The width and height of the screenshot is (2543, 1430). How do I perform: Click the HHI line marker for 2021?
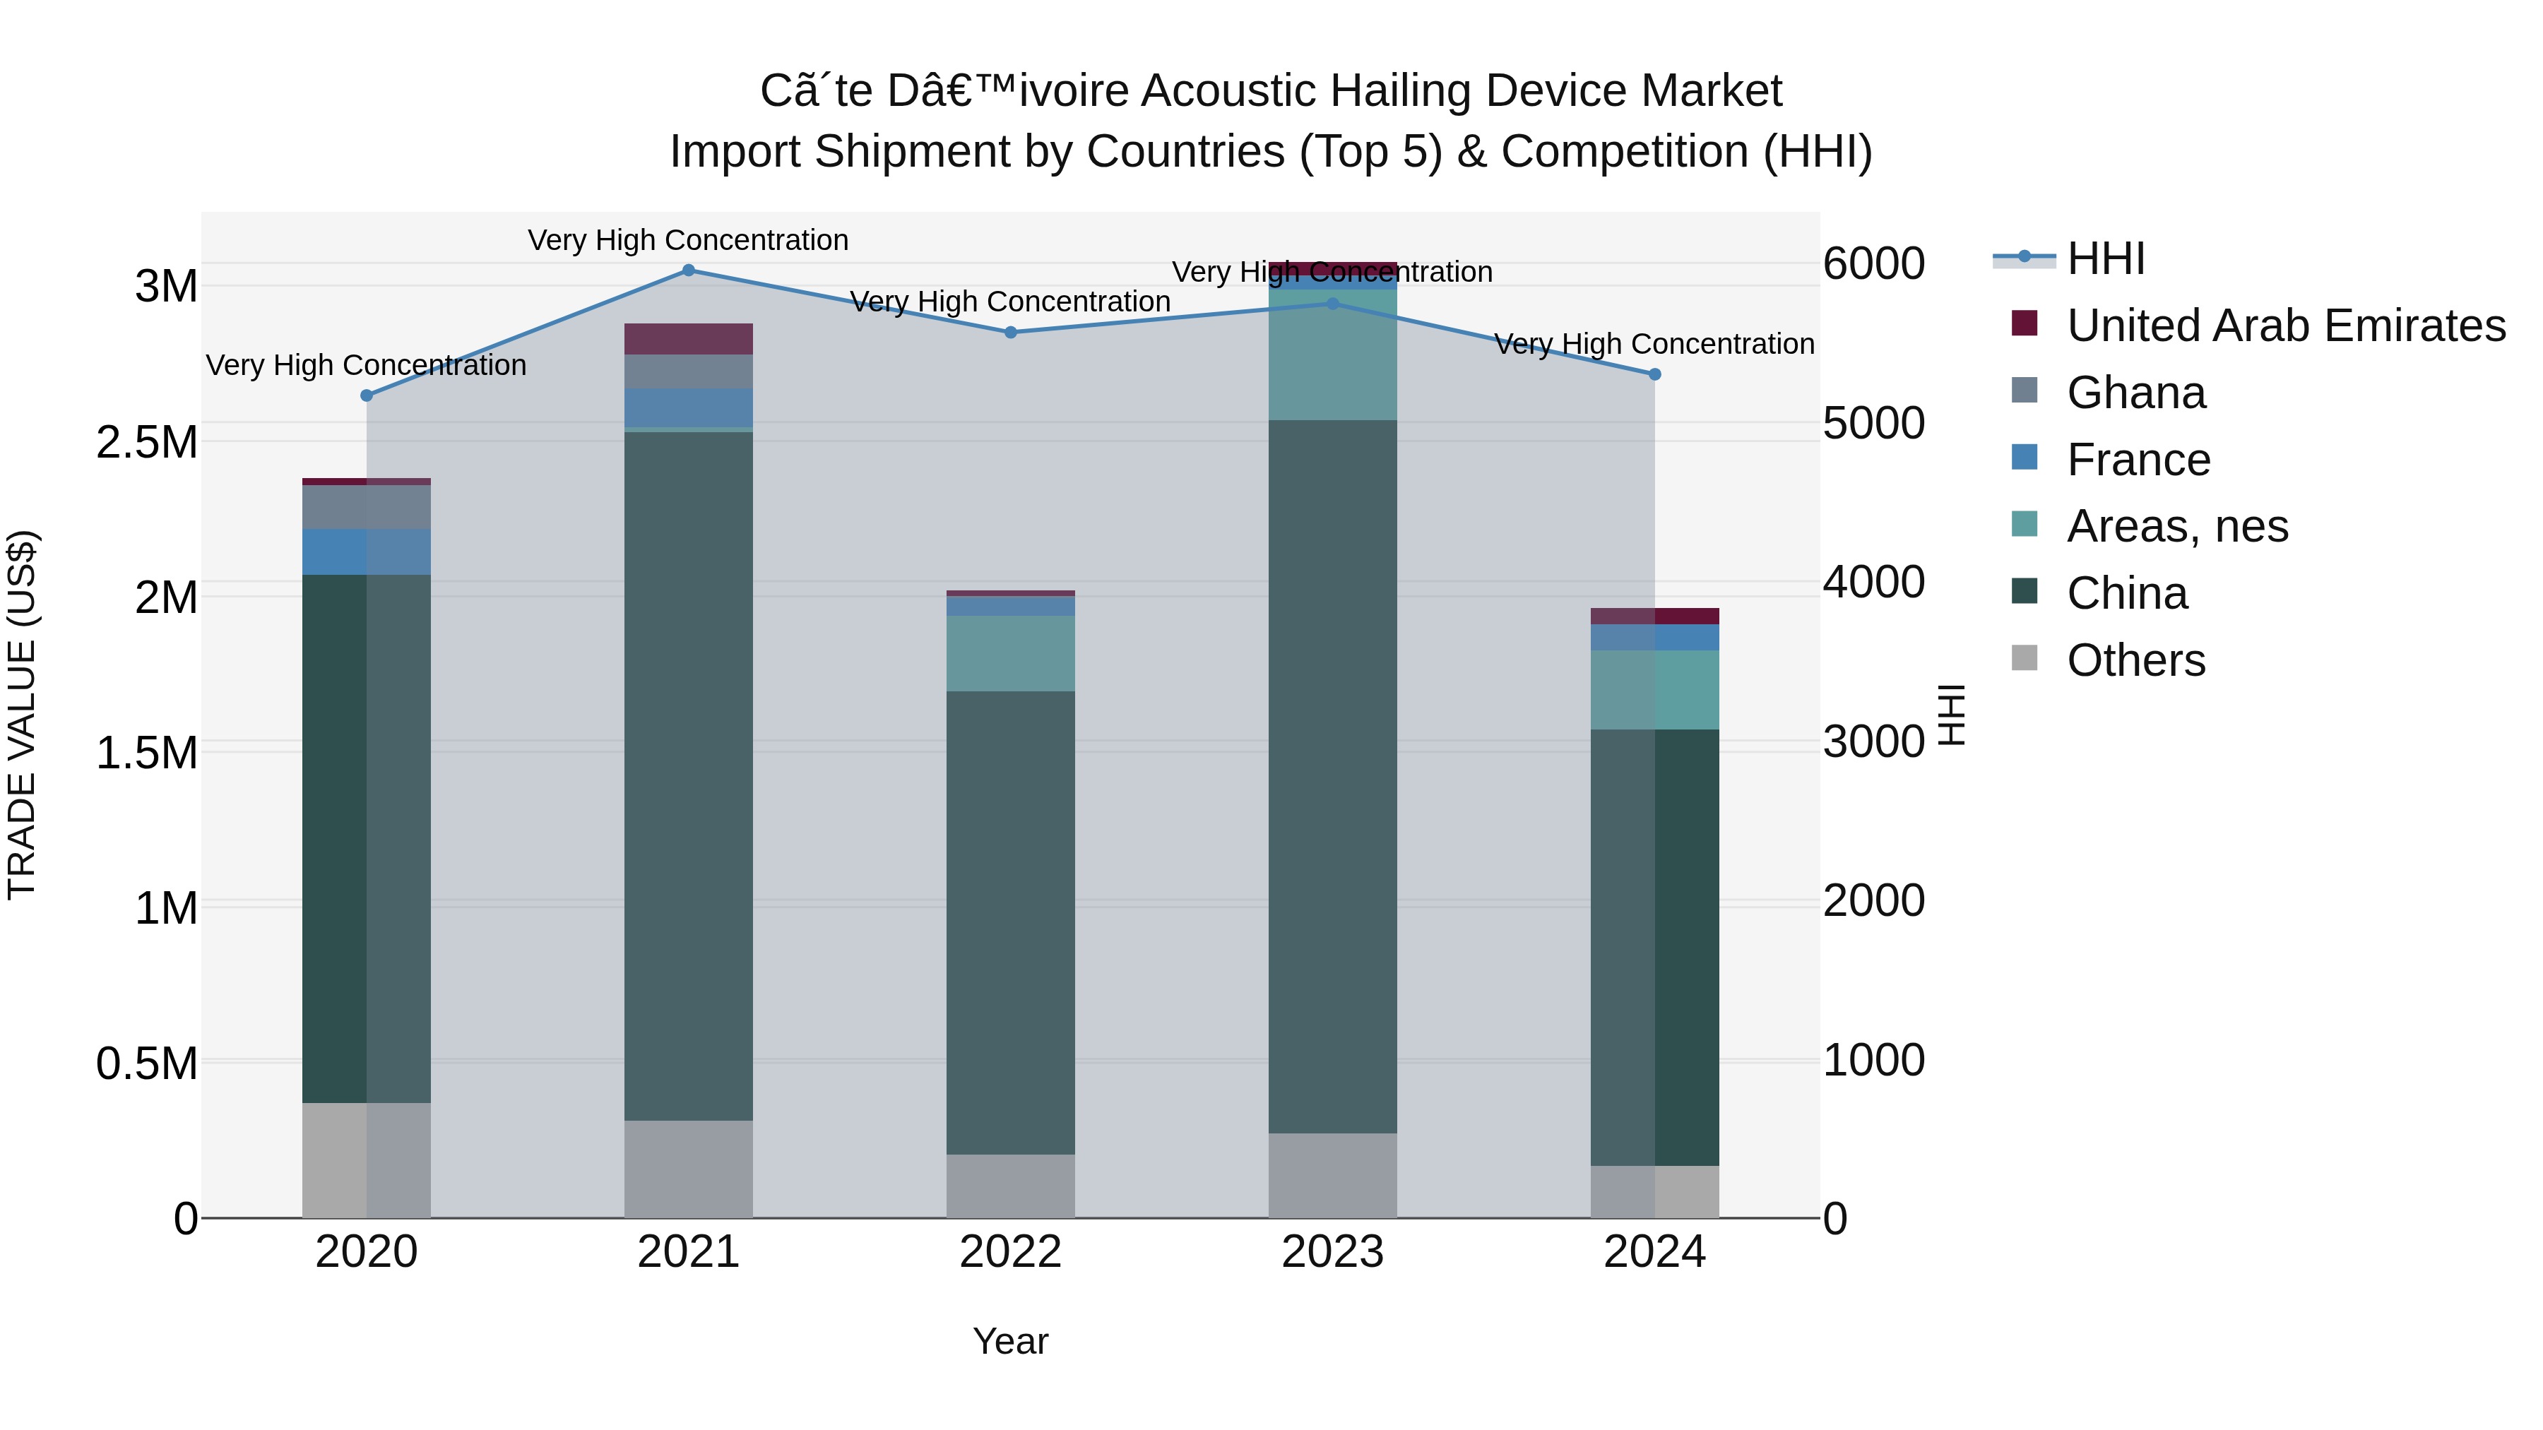(688, 270)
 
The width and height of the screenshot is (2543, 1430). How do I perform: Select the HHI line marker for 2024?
(1654, 374)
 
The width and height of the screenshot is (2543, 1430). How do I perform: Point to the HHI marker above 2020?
(366, 395)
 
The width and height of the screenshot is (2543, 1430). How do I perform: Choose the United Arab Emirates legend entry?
(2285, 326)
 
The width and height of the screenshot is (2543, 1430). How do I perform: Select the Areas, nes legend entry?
(2177, 526)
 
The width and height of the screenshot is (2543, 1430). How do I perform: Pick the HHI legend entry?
(2105, 258)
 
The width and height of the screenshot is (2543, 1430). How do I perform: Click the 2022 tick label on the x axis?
(1010, 1252)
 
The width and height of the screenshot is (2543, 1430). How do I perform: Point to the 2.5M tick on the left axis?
(147, 442)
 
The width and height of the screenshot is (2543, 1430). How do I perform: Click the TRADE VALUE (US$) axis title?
(23, 715)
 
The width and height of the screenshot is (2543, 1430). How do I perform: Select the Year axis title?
(1010, 1341)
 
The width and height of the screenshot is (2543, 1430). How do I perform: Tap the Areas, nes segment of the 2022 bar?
(1010, 653)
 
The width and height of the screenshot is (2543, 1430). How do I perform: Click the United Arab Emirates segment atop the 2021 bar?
(688, 338)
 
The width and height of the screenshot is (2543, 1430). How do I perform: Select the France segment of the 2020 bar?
(366, 552)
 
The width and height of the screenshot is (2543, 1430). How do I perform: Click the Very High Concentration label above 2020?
(366, 365)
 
